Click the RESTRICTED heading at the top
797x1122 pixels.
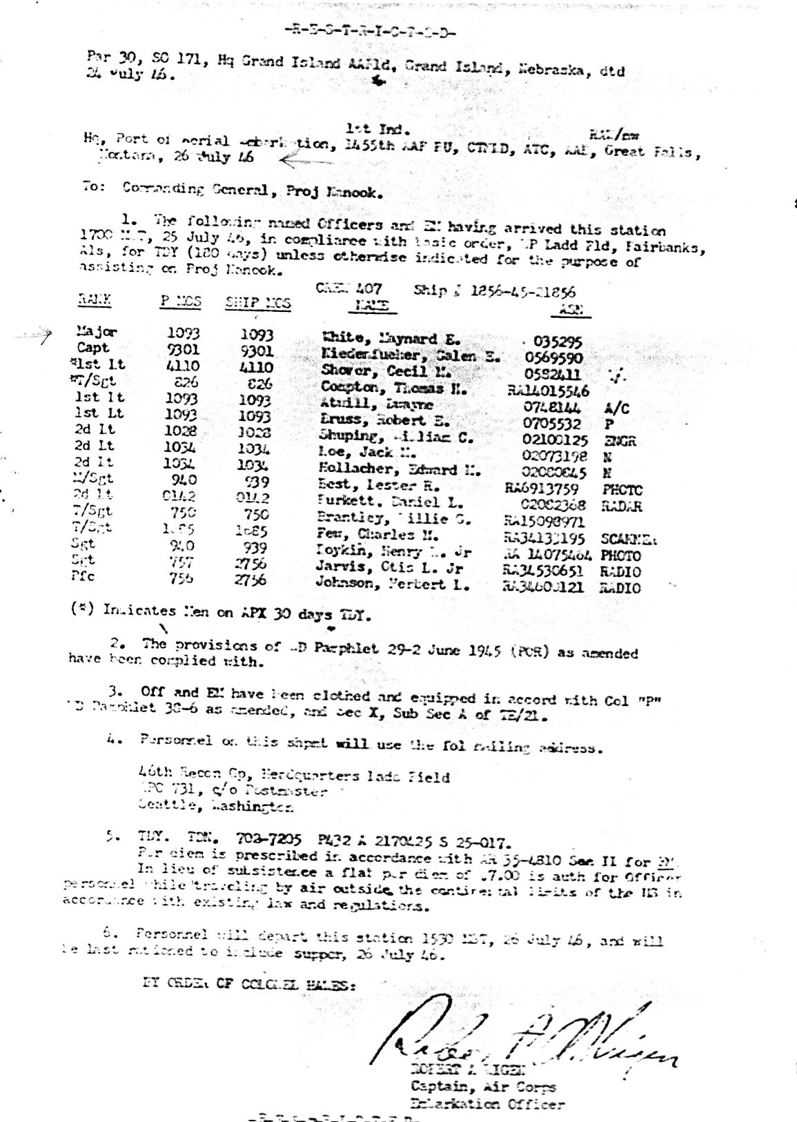(369, 32)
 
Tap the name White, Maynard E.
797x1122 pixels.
(391, 339)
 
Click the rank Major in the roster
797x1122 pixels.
(97, 332)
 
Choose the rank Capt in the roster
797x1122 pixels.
(93, 348)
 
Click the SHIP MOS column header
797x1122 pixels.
(258, 303)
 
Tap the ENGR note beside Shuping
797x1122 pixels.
(619, 441)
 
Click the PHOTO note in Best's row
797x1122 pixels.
(622, 491)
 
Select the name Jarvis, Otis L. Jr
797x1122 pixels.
(389, 569)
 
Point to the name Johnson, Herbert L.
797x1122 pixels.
(393, 584)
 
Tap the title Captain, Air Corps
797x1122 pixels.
(483, 1087)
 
